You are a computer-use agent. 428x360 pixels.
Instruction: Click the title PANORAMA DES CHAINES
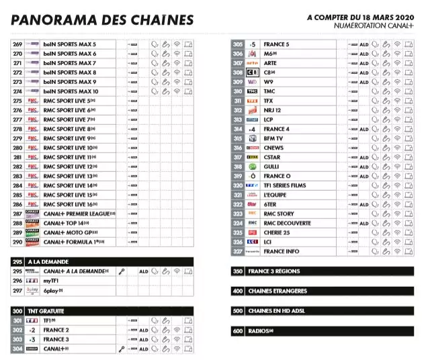coord(102,20)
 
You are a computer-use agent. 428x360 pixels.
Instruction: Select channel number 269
coord(17,44)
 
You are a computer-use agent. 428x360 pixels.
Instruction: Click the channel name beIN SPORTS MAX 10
coord(71,91)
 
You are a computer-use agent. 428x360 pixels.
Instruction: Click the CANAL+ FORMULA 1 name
coord(75,242)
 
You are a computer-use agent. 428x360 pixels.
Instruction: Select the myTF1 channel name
coord(52,281)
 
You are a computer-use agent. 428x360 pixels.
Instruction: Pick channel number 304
coord(17,349)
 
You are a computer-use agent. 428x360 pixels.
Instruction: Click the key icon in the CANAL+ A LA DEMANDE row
coord(122,271)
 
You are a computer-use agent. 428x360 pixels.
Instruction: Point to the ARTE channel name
coord(270,63)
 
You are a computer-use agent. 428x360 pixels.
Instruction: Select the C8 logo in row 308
coord(253,73)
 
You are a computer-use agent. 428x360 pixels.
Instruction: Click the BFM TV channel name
coord(273,138)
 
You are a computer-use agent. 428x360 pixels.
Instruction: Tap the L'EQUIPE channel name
coord(275,195)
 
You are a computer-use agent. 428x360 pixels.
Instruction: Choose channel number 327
coord(237,251)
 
